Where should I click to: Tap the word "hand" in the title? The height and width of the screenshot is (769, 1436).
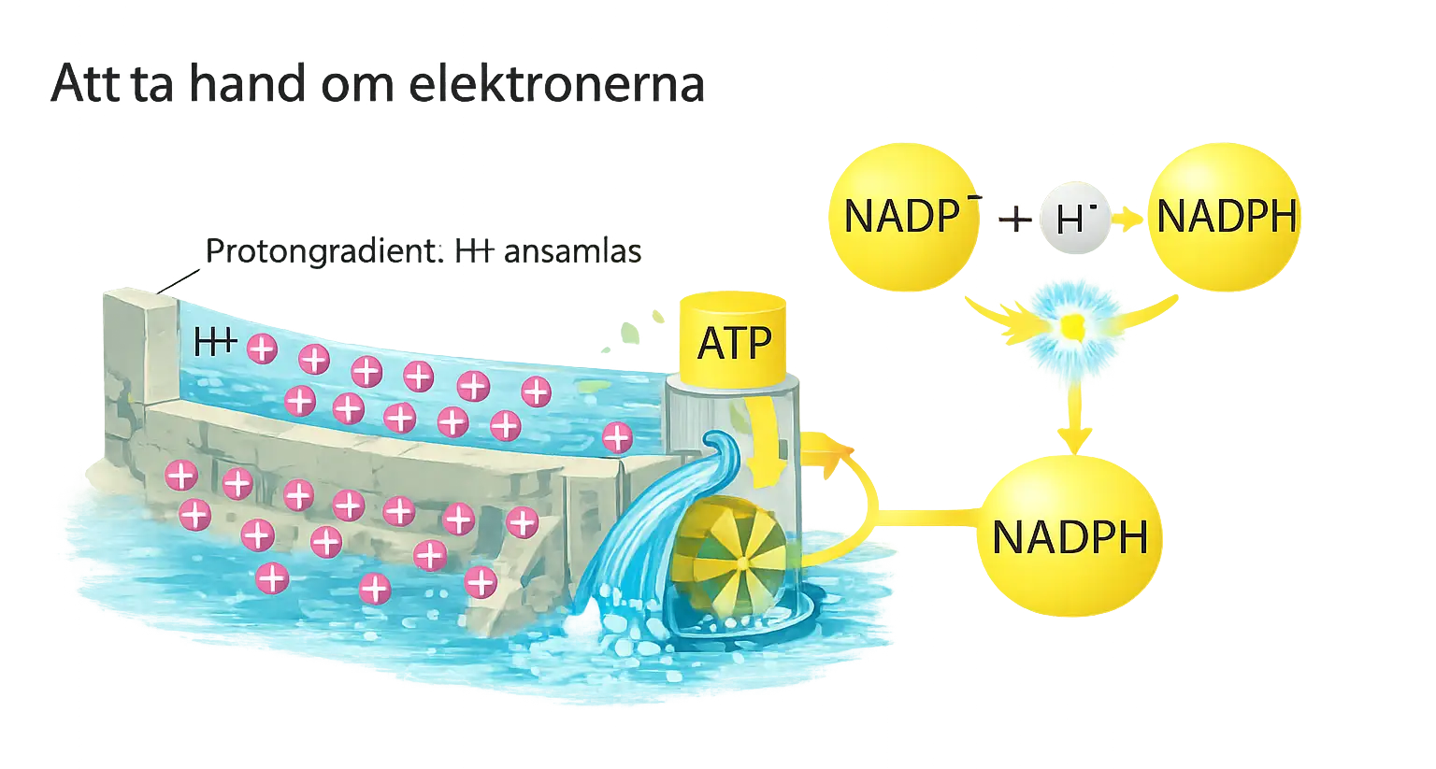tap(247, 84)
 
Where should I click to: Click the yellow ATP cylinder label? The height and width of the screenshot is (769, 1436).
tap(735, 342)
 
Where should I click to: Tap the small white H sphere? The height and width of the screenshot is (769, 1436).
tap(1075, 219)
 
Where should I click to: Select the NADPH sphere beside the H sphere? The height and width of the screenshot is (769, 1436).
tap(1225, 217)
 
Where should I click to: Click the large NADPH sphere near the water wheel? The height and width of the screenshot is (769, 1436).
tap(1069, 537)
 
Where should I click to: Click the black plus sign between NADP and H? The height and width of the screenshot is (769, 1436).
tap(1013, 220)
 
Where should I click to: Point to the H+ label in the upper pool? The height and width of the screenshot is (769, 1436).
tap(214, 342)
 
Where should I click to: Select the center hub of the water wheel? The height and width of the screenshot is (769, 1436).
tap(741, 563)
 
